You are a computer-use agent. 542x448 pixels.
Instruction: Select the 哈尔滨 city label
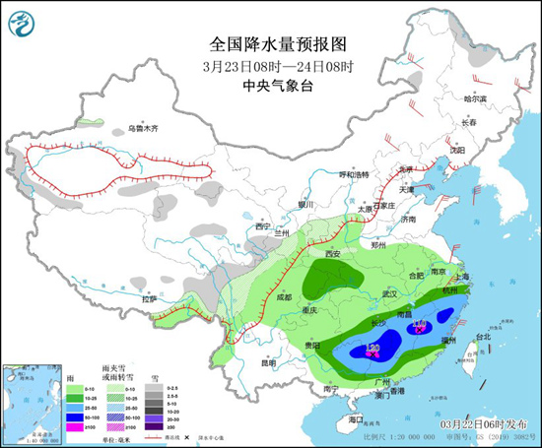pos(476,98)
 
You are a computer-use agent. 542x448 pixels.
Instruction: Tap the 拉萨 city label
pos(149,297)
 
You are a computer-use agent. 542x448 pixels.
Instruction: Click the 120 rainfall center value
pos(373,348)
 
